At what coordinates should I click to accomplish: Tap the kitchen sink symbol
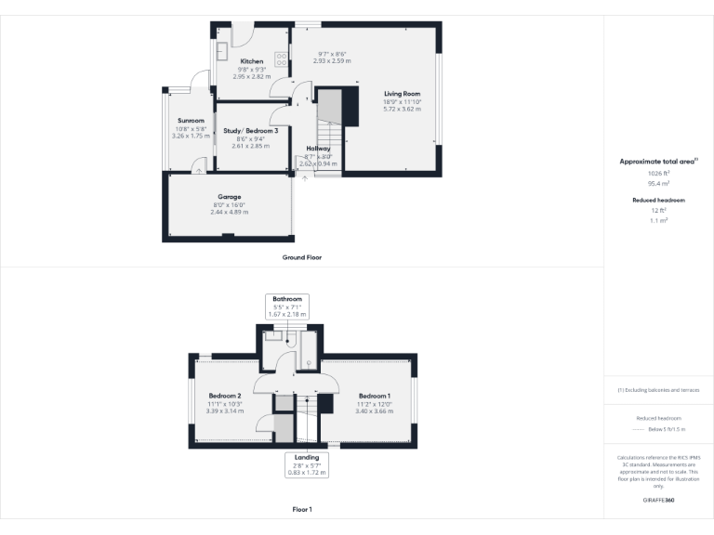[x=223, y=51]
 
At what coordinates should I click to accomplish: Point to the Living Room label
[x=402, y=94]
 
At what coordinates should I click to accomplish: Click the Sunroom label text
[x=191, y=121]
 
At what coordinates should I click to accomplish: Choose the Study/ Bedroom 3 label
[x=251, y=131]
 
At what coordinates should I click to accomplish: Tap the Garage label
[x=230, y=197]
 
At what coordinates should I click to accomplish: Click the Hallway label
[x=319, y=149]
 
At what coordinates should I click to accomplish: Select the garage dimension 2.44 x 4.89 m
[x=230, y=212]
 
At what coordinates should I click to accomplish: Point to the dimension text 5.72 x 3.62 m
[x=402, y=109]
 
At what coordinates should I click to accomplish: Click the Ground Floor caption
[x=302, y=257]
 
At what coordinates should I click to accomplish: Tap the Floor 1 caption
[x=302, y=509]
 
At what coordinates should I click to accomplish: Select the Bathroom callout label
[x=287, y=299]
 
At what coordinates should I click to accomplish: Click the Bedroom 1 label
[x=375, y=397]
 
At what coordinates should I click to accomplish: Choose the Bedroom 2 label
[x=226, y=396]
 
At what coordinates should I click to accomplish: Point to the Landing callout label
[x=306, y=458]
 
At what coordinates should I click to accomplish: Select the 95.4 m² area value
[x=658, y=183]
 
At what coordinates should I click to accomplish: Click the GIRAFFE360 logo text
[x=658, y=500]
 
